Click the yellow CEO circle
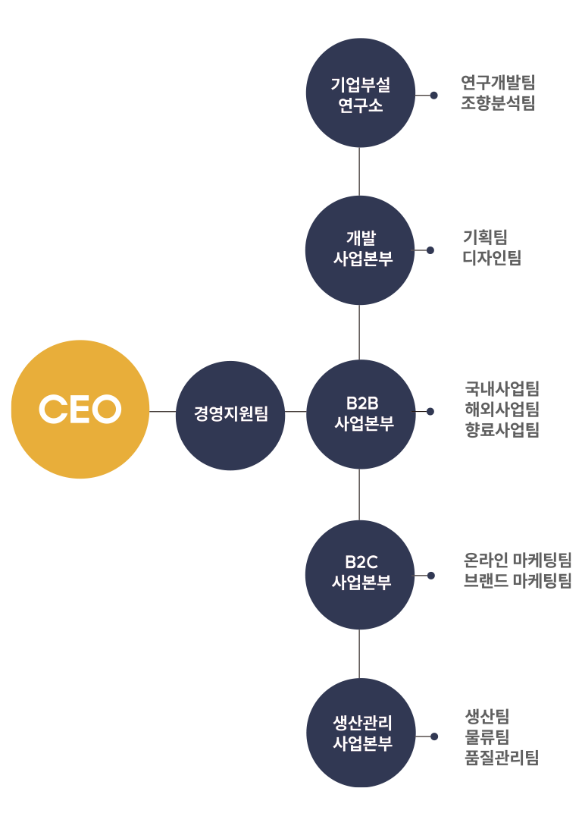(80, 410)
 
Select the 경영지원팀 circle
(230, 415)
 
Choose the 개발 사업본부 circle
(360, 250)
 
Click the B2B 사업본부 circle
(360, 413)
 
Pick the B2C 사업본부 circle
(360, 574)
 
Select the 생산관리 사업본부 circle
(360, 733)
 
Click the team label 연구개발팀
(497, 83)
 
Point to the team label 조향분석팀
(497, 103)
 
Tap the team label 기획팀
(485, 237)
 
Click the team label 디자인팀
(492, 258)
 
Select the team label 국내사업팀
(502, 390)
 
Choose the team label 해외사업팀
(502, 410)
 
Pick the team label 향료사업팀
(502, 431)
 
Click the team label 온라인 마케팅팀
(518, 561)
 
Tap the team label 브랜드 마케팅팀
(518, 582)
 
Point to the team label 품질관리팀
(502, 758)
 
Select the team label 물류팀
(487, 736)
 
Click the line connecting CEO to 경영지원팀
(162, 412)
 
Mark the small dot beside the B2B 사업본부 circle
(430, 412)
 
